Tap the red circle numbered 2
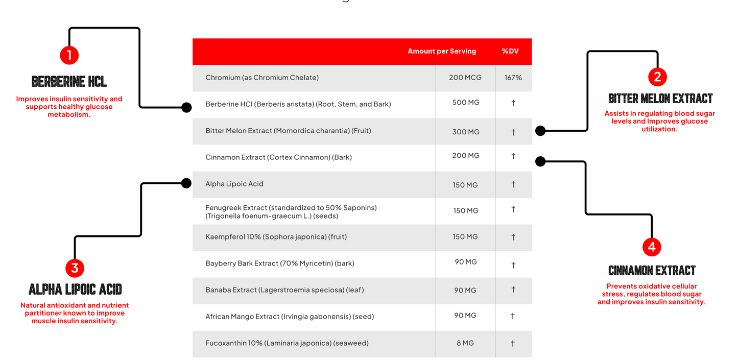[x=657, y=77]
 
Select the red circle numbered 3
[x=75, y=268]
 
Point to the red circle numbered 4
[x=651, y=247]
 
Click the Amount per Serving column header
[x=442, y=51]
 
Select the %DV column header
[x=510, y=51]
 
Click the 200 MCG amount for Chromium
[x=466, y=78]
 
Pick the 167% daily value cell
[x=513, y=78]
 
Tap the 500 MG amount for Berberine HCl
[x=466, y=103]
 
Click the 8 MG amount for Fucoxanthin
[x=465, y=343]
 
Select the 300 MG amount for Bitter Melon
[x=466, y=132]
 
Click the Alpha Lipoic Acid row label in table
[x=234, y=184]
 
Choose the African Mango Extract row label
[x=290, y=317]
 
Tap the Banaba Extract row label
[x=284, y=290]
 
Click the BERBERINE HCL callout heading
[x=69, y=82]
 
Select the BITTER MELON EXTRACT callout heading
[x=660, y=99]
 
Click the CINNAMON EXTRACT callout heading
[x=652, y=271]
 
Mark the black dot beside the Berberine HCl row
[x=186, y=107]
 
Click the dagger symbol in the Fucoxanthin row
[x=513, y=343]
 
